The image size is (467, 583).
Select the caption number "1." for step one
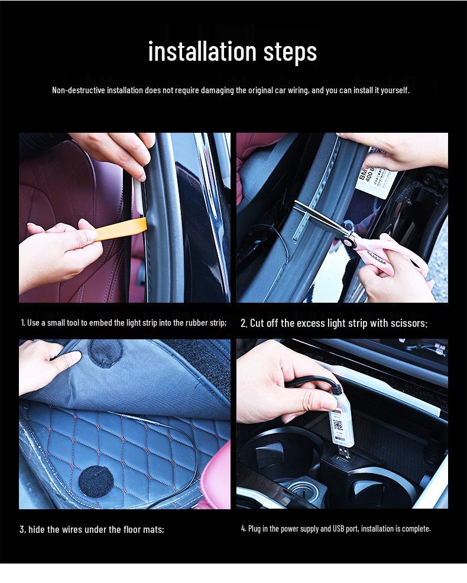pos(23,323)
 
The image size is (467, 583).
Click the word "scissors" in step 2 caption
pos(408,323)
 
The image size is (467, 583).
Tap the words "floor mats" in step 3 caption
pos(142,529)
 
